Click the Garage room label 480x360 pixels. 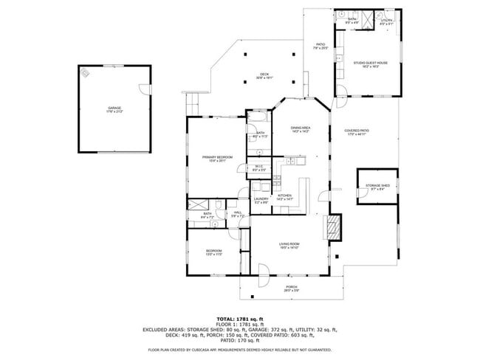114,109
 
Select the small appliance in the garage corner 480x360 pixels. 86,72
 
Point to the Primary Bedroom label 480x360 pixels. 218,158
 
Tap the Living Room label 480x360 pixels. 289,245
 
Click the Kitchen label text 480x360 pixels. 285,197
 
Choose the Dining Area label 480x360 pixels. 300,128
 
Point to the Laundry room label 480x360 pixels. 261,199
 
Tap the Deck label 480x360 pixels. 264,75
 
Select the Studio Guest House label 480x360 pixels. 370,64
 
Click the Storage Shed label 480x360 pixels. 377,187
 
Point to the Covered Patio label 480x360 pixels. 356,132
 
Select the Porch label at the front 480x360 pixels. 291,288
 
